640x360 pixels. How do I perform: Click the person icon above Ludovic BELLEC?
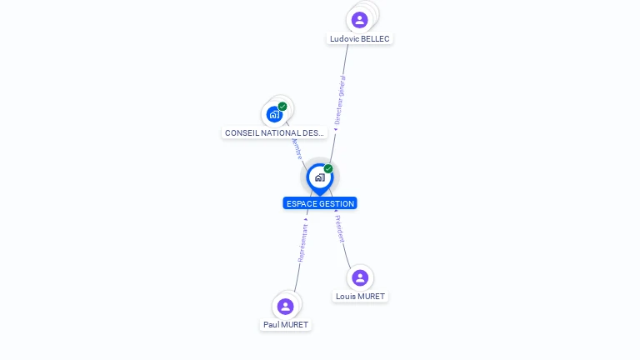(360, 19)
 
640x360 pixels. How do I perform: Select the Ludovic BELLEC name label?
(359, 39)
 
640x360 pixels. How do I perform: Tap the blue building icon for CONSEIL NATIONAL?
(274, 114)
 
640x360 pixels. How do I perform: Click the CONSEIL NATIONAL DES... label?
(274, 133)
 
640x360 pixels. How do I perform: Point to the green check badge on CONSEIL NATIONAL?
(282, 107)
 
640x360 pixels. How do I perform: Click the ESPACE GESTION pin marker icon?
(319, 177)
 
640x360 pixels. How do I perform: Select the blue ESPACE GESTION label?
(320, 203)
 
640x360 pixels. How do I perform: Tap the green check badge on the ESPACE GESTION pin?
(328, 169)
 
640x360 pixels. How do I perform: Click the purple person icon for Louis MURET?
(360, 277)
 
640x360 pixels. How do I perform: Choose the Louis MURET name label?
(360, 297)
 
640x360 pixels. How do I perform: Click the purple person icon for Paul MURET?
(286, 306)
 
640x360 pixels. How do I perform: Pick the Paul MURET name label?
(286, 325)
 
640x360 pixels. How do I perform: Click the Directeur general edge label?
(339, 100)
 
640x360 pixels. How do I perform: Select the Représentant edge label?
(302, 243)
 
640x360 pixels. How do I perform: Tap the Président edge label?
(340, 229)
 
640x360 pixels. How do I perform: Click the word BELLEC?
(375, 39)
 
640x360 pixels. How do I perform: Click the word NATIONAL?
(282, 133)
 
